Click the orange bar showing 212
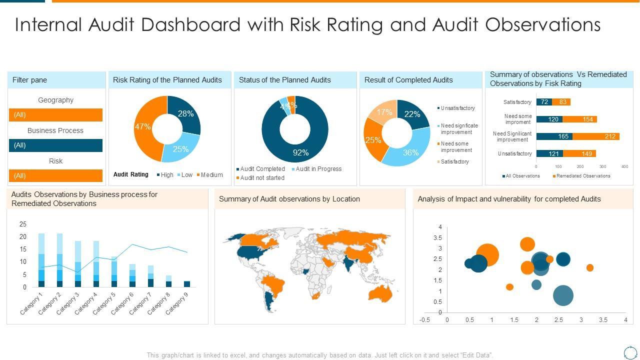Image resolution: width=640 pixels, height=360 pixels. point(596,136)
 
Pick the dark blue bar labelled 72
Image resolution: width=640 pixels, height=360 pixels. point(544,102)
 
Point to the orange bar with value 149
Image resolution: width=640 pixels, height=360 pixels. point(579,153)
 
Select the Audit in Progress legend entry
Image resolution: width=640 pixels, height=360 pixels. point(318,169)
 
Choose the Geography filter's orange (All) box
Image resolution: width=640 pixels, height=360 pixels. point(55,115)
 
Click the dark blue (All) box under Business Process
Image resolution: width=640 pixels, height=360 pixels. point(55,145)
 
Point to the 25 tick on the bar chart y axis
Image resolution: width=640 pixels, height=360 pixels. point(23,224)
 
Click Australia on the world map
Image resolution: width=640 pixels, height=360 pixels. point(379,293)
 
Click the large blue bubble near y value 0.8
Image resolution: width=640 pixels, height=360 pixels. point(563,295)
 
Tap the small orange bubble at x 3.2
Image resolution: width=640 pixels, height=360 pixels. point(590,268)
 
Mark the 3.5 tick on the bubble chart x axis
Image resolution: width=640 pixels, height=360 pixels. point(603,320)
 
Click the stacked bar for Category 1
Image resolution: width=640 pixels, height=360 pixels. point(41,260)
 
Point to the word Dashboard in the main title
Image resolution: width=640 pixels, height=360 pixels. point(194,24)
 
